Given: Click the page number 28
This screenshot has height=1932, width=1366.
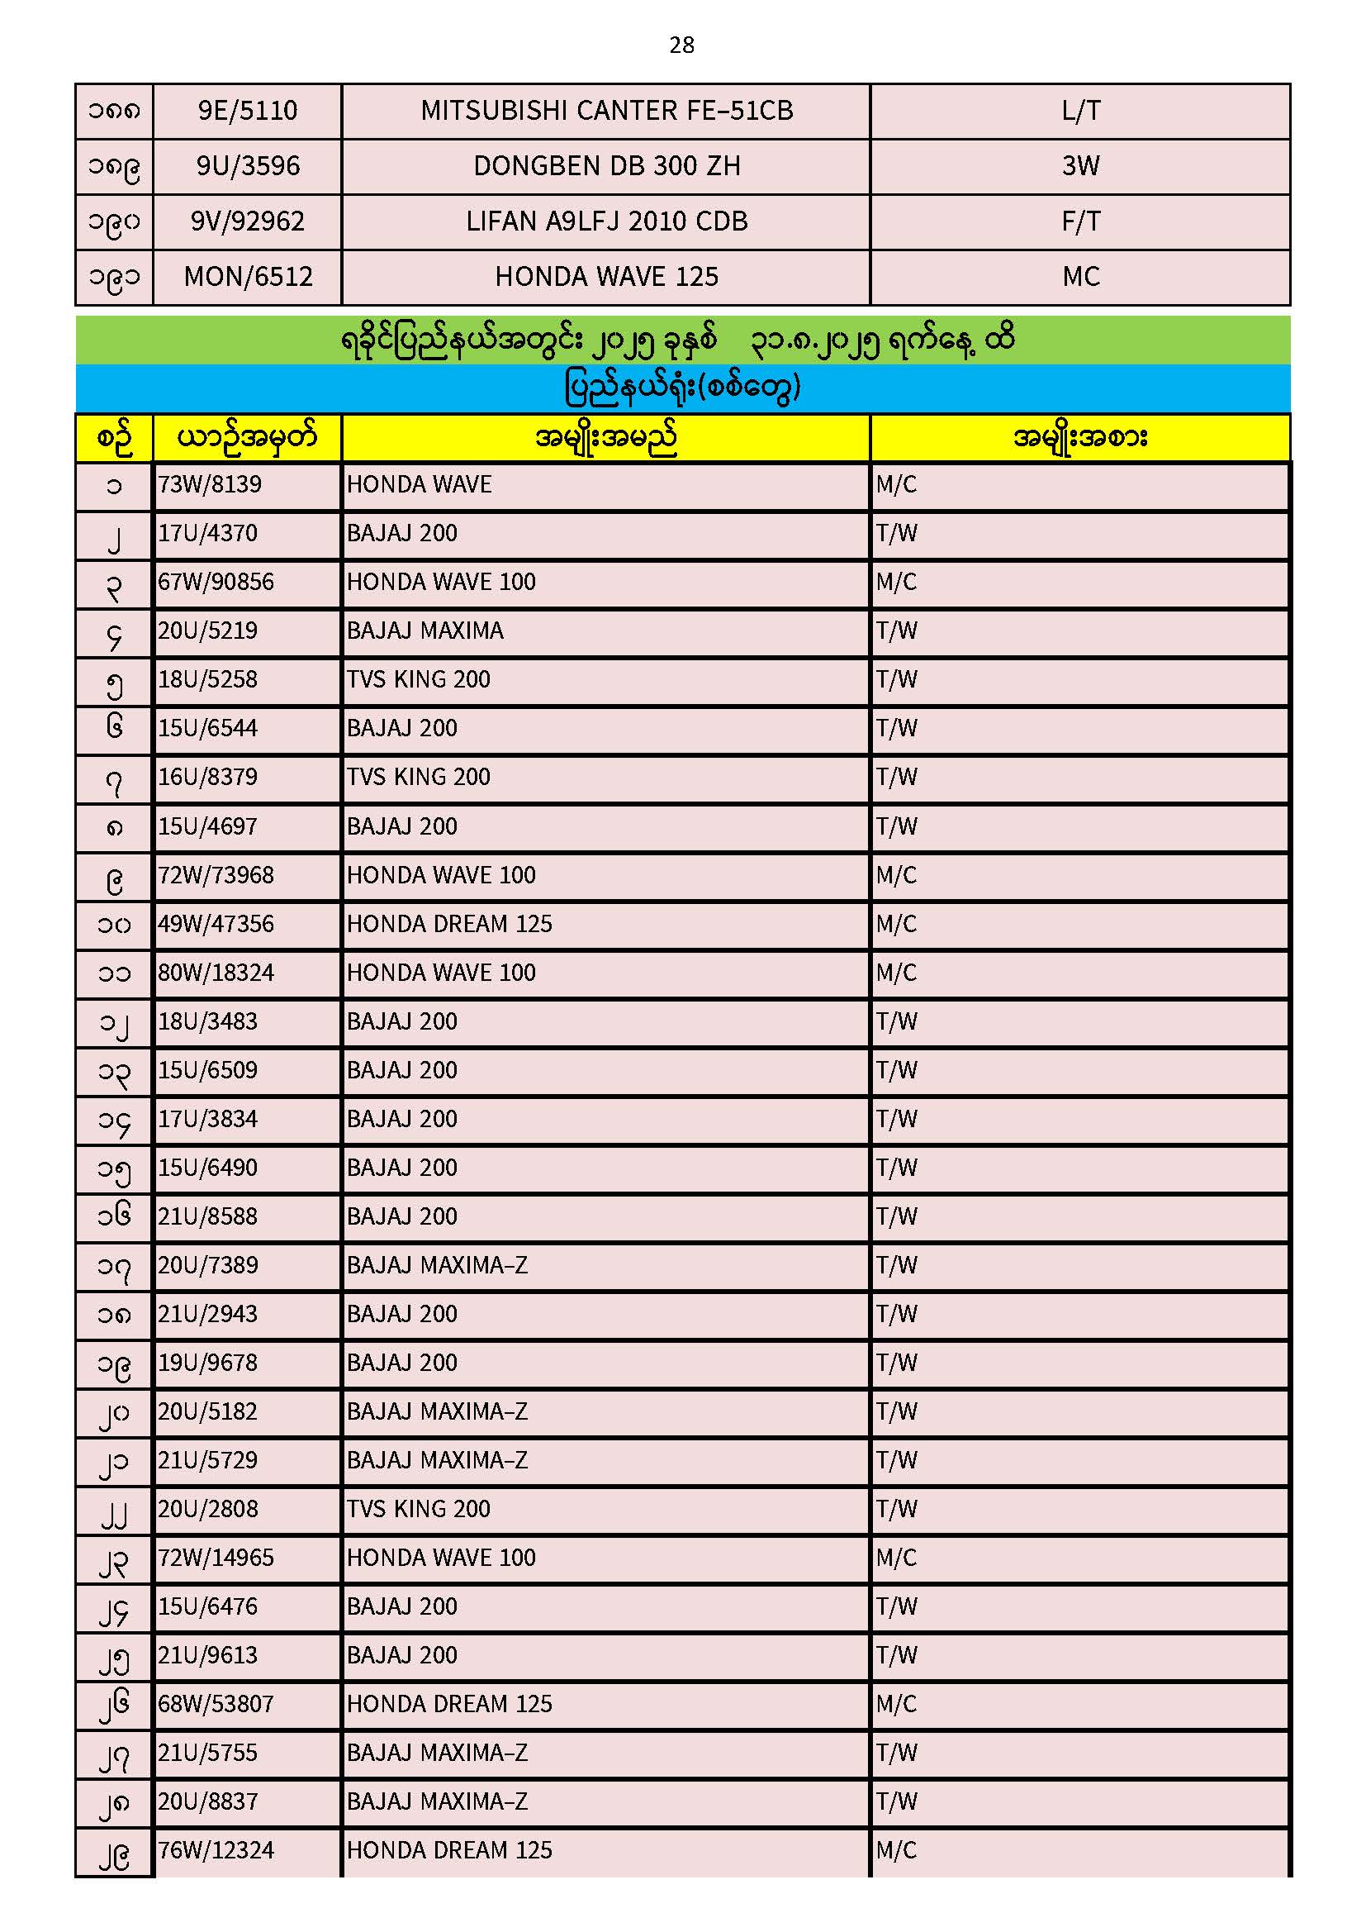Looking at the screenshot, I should pos(681,45).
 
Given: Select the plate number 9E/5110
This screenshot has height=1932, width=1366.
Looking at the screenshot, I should pos(247,110).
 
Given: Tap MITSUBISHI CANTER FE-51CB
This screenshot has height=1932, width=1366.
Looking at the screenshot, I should pos(606,110).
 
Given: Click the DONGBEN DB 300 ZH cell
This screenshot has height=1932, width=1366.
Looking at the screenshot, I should pos(606,166).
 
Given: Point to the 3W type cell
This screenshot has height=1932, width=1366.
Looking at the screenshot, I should pos(1080,166).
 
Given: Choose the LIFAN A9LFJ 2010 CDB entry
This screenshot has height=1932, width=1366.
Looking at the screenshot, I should pos(606,221).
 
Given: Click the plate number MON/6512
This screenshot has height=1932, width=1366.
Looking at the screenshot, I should pos(248,277).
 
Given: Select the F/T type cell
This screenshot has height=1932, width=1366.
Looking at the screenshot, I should pos(1080,221).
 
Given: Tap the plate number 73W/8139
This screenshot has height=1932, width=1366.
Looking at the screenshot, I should pos(210,485).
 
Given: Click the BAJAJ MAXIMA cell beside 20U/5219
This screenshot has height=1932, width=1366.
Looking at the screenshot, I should pos(425,631).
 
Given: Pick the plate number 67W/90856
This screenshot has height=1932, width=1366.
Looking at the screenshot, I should pos(216,583).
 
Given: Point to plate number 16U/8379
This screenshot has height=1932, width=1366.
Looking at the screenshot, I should pos(208,777).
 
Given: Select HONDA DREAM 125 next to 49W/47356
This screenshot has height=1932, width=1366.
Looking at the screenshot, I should pos(449,924).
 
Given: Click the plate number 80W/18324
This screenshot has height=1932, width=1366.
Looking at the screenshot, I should pos(216,973).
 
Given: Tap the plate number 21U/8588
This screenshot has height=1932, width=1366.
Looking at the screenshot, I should pos(208,1216).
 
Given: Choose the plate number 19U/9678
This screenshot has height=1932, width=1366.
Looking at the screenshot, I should pos(208,1363).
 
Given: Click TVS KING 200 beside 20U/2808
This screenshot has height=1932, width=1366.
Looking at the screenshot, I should pos(418,1509).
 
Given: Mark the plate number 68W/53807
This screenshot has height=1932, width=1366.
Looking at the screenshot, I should pos(216,1704).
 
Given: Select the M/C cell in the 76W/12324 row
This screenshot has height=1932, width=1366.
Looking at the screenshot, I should pos(896,1850).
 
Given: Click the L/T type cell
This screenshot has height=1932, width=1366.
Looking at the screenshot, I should pos(1080,110).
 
